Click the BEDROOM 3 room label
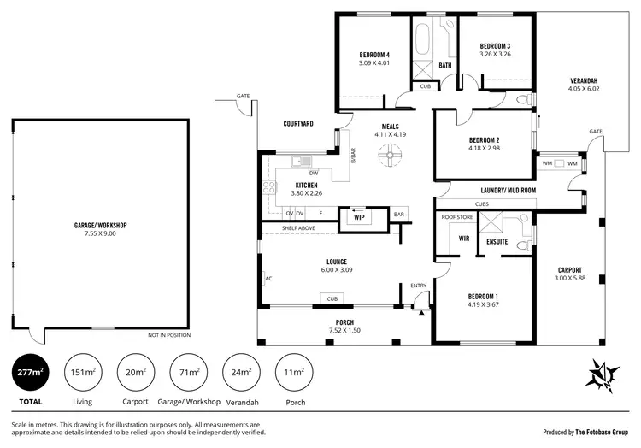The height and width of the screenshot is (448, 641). (x=495, y=46)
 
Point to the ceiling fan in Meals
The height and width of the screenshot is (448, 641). (x=390, y=155)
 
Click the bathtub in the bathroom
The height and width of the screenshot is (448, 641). (x=423, y=40)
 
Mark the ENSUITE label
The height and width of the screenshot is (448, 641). (x=497, y=242)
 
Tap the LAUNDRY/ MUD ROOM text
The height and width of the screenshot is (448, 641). (x=508, y=190)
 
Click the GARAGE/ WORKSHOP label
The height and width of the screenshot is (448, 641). (x=100, y=225)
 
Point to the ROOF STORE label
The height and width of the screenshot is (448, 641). (x=456, y=218)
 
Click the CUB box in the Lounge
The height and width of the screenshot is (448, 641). (x=332, y=298)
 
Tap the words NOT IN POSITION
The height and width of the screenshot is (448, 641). (x=167, y=334)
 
